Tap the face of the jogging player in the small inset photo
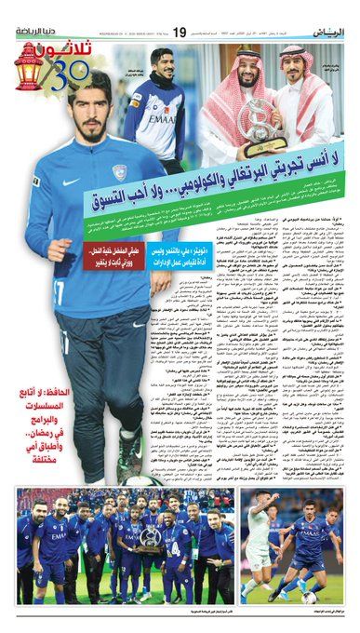coord(165,66)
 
